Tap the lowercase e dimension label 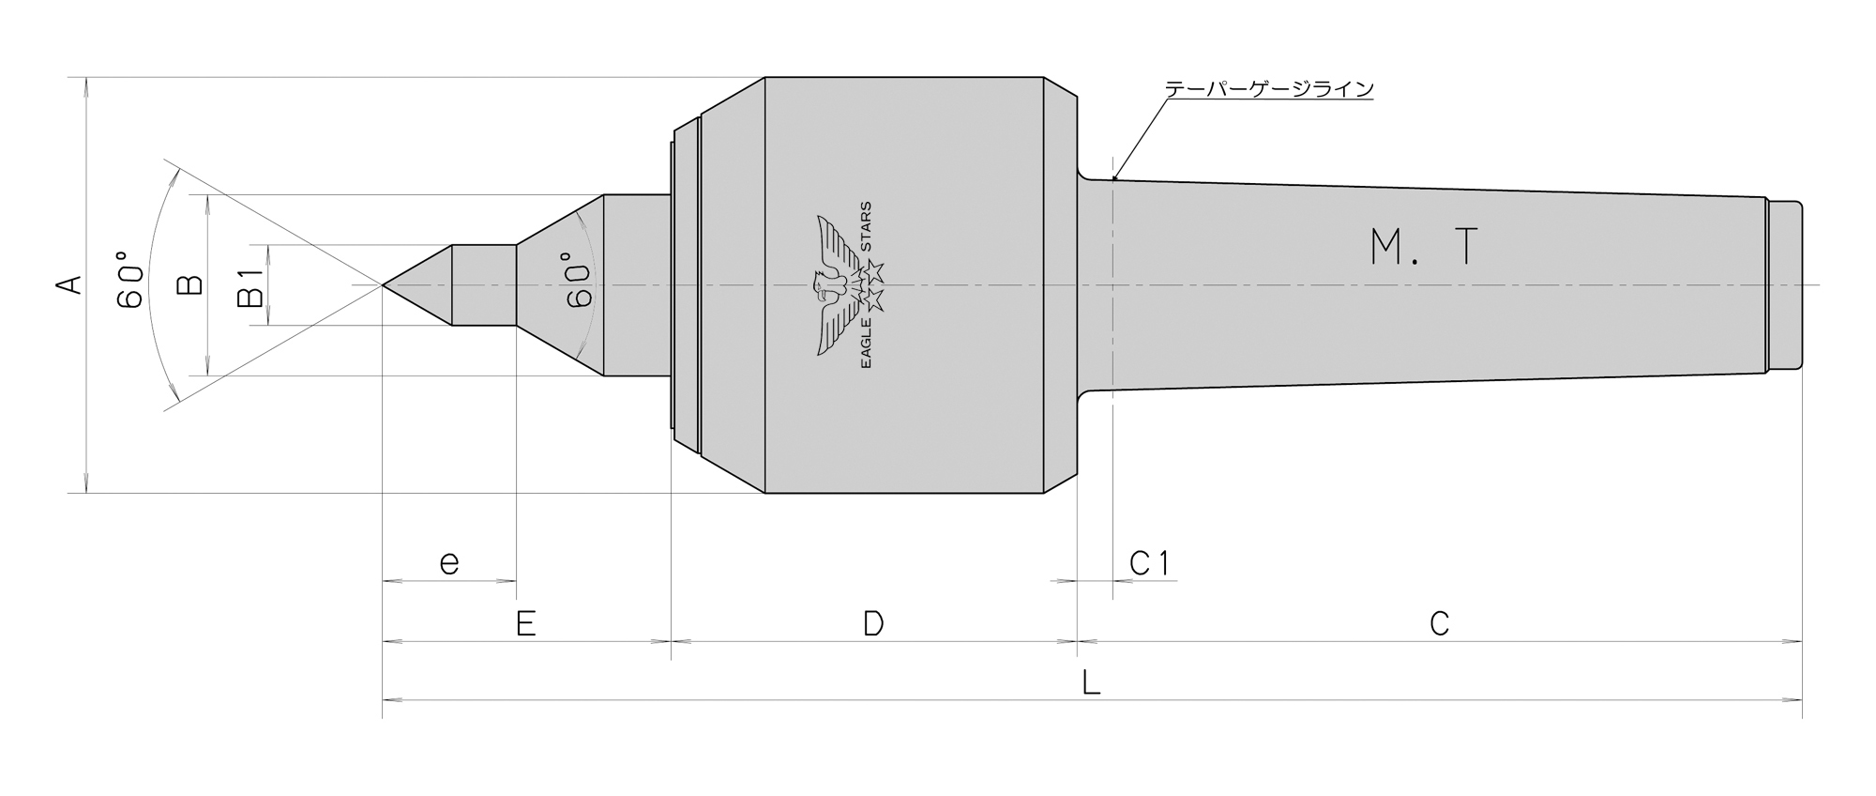click(x=449, y=563)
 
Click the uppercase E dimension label click(x=525, y=623)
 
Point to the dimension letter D click(x=873, y=623)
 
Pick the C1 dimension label click(x=1149, y=563)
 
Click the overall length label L click(x=1091, y=682)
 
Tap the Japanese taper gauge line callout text click(x=1269, y=89)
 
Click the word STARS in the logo click(x=866, y=227)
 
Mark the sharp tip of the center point click(x=384, y=284)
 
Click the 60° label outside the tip click(x=131, y=279)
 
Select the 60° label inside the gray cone click(x=580, y=279)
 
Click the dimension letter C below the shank click(x=1439, y=623)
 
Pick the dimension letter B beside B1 click(x=190, y=284)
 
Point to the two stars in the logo click(x=873, y=285)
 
